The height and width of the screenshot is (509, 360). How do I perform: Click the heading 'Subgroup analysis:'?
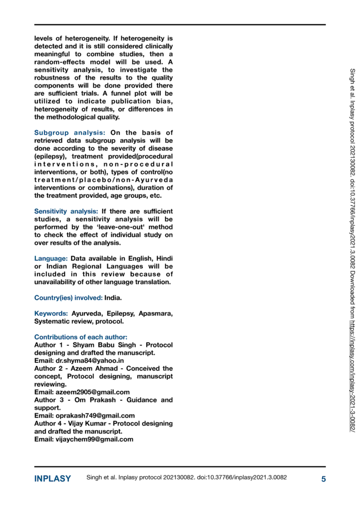pos(70,133)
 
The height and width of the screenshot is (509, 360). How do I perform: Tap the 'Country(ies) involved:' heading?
pos(68,298)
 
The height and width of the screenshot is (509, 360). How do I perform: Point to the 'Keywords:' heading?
pos(51,314)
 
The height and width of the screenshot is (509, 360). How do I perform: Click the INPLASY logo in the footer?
pos(52,479)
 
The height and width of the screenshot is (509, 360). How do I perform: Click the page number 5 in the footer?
pos(323,479)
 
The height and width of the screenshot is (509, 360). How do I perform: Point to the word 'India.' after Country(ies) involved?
pos(113,298)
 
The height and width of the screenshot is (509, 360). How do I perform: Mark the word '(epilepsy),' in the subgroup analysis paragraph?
pos(50,156)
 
